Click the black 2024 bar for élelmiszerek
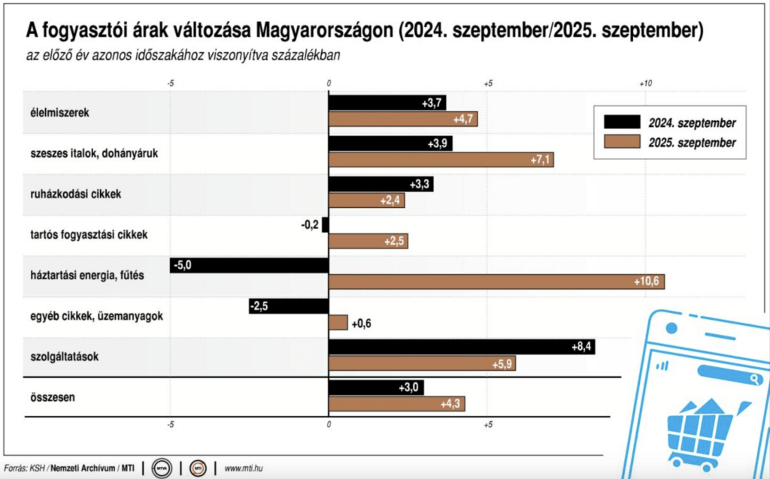[x=387, y=103]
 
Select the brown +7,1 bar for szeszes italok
[x=441, y=160]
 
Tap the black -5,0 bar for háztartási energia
[x=249, y=265]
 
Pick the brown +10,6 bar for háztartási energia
[x=496, y=282]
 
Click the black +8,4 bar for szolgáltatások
[x=461, y=347]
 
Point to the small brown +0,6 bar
[x=338, y=322]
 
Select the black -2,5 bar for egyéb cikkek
[x=289, y=306]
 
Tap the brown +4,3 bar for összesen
[x=396, y=404]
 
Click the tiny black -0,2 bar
[x=326, y=224]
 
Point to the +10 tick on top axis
[x=644, y=83]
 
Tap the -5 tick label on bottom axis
[x=171, y=426]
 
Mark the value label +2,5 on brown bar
[x=394, y=241]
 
